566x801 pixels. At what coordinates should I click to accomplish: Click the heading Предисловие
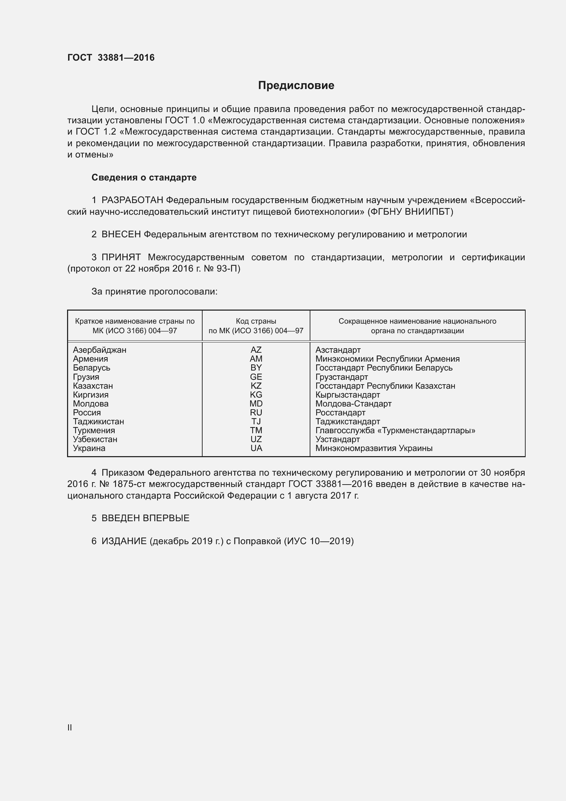(296, 86)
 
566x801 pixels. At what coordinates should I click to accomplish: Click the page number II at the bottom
(70, 727)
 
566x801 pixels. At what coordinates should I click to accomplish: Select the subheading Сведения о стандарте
(144, 178)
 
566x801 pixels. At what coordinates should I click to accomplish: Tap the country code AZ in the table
(256, 350)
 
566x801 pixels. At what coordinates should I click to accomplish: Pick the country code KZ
(256, 386)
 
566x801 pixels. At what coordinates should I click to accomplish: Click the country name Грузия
(86, 377)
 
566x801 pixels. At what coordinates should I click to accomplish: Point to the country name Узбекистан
(95, 439)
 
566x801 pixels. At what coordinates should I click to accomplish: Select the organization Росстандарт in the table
(340, 413)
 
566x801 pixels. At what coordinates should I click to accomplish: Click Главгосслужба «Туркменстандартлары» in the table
(395, 430)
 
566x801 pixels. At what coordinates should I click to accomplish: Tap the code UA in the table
(256, 448)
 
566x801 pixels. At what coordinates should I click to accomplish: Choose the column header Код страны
(256, 321)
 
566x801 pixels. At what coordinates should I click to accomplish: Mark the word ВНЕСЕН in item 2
(121, 235)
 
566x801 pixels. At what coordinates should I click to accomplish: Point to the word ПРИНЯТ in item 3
(121, 258)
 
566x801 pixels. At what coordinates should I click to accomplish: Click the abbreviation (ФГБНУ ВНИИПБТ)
(410, 212)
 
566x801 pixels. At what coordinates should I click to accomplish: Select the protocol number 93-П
(228, 268)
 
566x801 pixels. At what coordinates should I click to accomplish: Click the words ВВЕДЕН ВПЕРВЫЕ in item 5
(145, 518)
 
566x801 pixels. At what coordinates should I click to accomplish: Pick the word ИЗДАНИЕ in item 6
(124, 541)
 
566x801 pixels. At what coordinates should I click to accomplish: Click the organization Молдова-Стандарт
(353, 404)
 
